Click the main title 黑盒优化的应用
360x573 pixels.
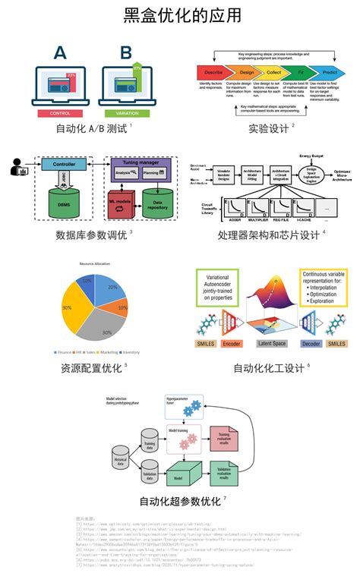pyautogui.click(x=179, y=16)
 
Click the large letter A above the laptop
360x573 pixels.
pyautogui.click(x=60, y=53)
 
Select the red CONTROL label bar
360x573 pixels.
pyautogui.click(x=59, y=113)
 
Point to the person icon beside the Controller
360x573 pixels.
pyautogui.click(x=17, y=166)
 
